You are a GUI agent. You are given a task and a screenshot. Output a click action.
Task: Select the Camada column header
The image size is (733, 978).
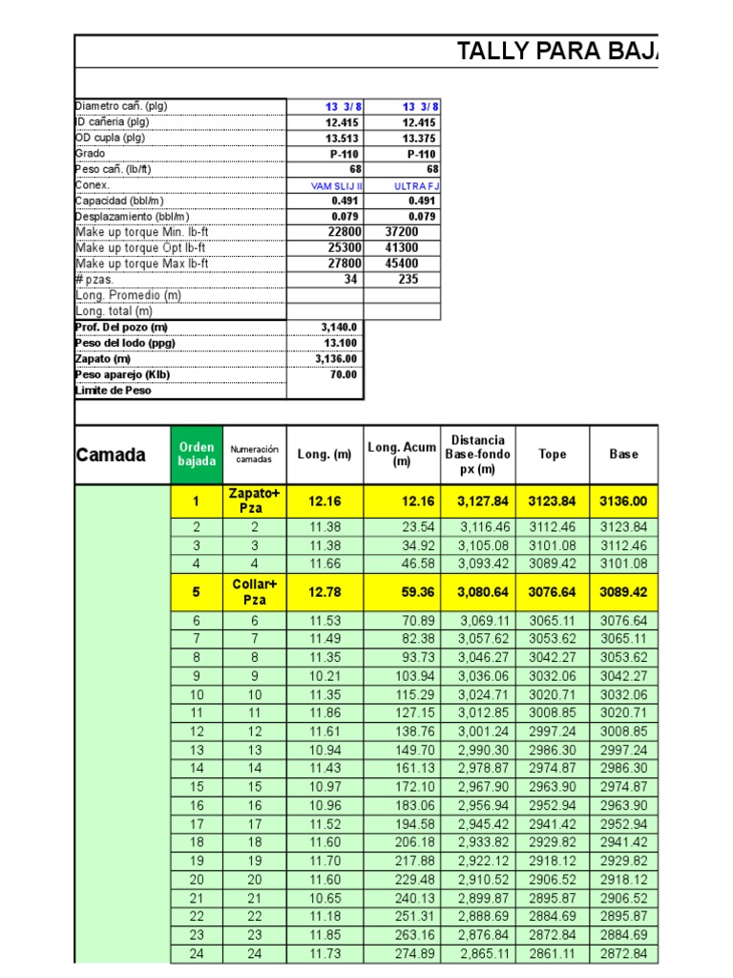[111, 455]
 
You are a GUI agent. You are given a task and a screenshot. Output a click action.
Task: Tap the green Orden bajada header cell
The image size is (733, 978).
[197, 455]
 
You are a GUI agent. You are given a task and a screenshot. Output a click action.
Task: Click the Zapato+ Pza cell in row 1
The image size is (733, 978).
[255, 500]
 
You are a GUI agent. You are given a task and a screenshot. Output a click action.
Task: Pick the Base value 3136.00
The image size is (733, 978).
[623, 501]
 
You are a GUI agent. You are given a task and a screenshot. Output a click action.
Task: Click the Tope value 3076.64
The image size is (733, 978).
[552, 592]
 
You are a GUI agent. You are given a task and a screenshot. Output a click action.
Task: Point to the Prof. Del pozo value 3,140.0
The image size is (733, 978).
[339, 328]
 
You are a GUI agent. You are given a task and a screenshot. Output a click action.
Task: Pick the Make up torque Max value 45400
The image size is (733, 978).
[401, 264]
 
